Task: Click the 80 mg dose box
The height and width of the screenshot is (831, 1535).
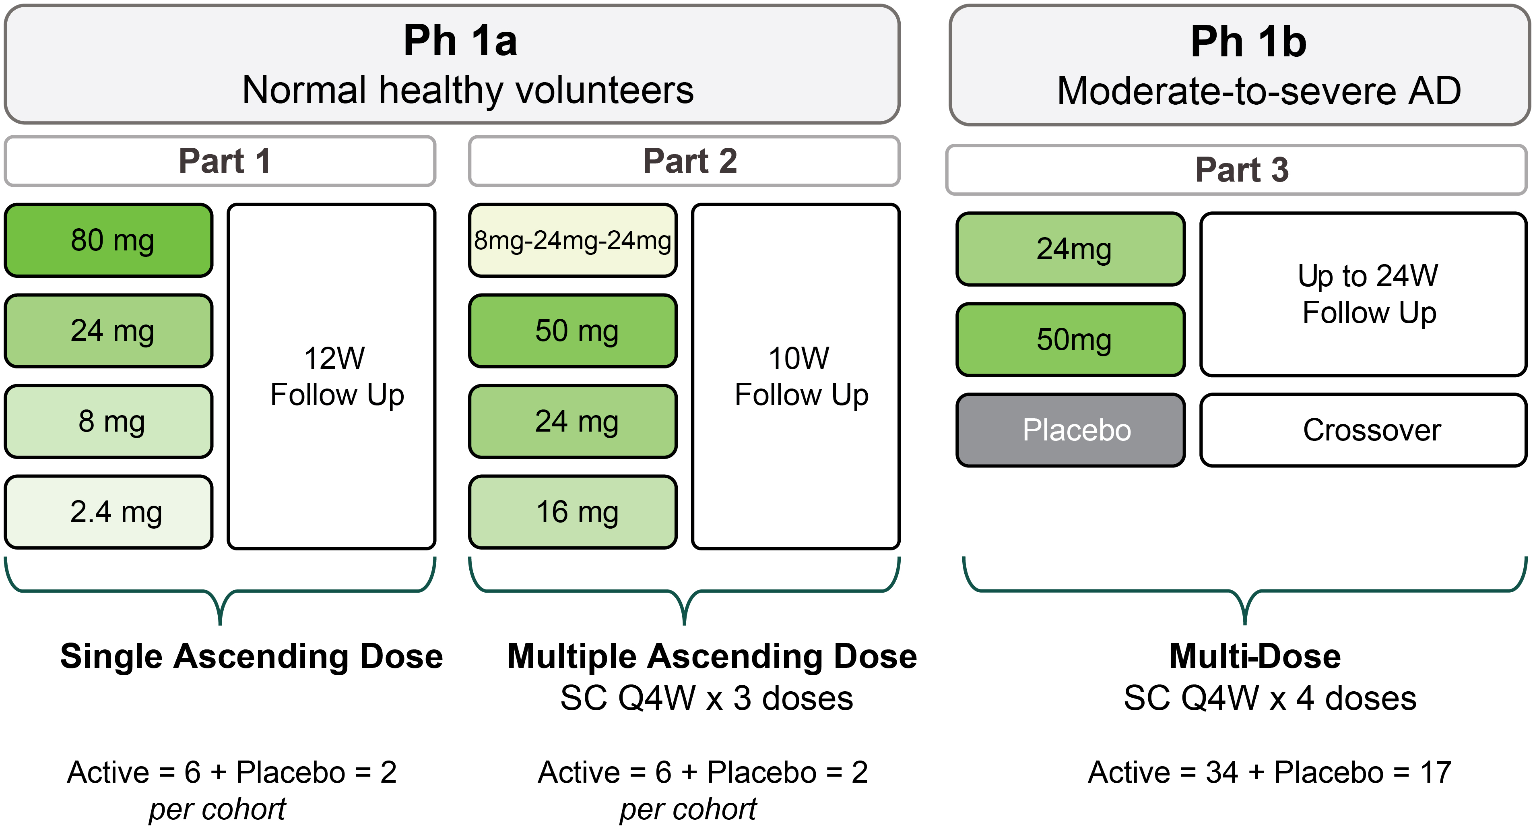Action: point(108,240)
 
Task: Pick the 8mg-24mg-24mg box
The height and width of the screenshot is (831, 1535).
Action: point(573,240)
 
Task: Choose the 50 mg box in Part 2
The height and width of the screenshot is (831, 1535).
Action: point(573,331)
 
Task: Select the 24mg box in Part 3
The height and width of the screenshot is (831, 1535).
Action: point(1071,249)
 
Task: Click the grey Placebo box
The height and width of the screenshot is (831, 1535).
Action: point(1071,430)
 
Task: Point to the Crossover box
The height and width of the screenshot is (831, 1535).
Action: point(1364,430)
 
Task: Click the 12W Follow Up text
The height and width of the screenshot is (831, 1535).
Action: point(337,376)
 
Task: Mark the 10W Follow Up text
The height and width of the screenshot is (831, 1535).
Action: point(801,376)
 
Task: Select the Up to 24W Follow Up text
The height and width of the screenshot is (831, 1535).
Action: point(1369,294)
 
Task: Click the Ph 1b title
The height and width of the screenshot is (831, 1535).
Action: point(1248,42)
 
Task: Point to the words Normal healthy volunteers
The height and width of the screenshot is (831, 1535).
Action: point(468,90)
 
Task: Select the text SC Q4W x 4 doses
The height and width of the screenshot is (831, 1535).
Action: point(1270,698)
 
